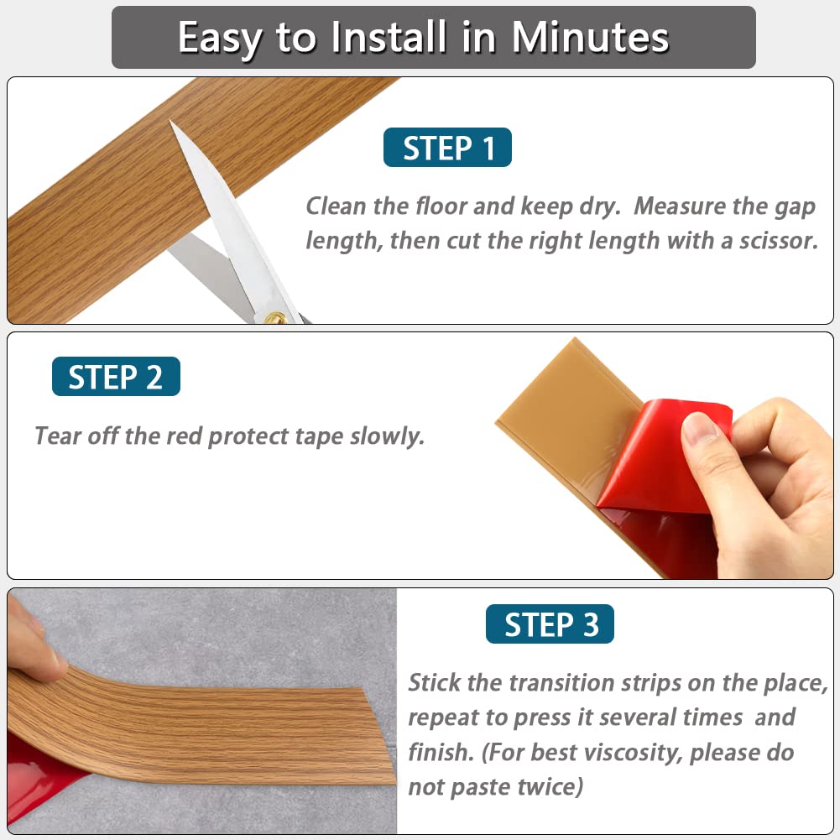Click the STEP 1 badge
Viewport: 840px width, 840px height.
pyautogui.click(x=447, y=148)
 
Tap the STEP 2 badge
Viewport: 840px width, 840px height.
pyautogui.click(x=116, y=377)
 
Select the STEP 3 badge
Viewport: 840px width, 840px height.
pyautogui.click(x=550, y=625)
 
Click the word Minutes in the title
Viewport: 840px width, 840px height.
pyautogui.click(x=590, y=37)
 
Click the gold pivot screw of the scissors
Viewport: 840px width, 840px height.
pyautogui.click(x=274, y=317)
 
